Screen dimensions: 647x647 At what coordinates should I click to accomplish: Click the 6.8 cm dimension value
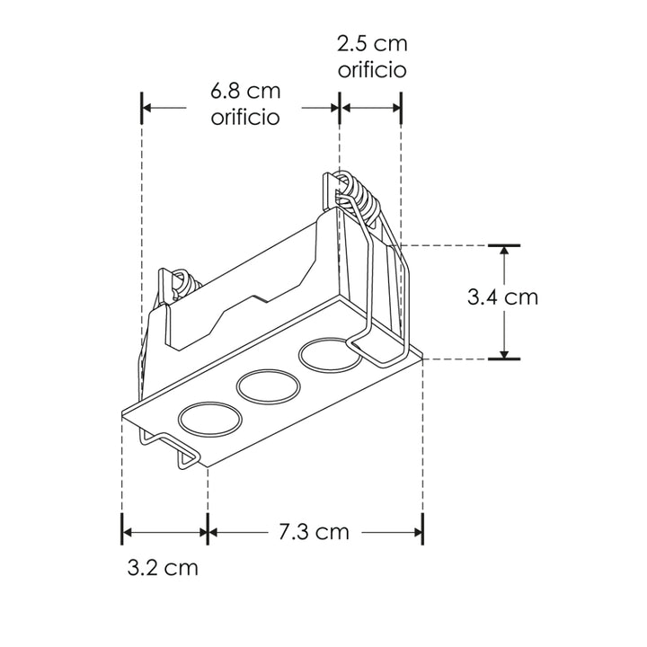coord(245,92)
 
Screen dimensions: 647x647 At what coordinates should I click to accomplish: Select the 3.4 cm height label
coord(503,297)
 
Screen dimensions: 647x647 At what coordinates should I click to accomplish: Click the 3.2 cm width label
coord(163,568)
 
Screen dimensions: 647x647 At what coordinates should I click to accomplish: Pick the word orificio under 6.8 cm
coord(245,117)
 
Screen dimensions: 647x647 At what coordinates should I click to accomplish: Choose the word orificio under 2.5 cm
coord(371,69)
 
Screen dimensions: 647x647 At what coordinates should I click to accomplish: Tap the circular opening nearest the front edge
coord(209,420)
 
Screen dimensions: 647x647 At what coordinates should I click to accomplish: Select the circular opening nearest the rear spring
coord(327,354)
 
